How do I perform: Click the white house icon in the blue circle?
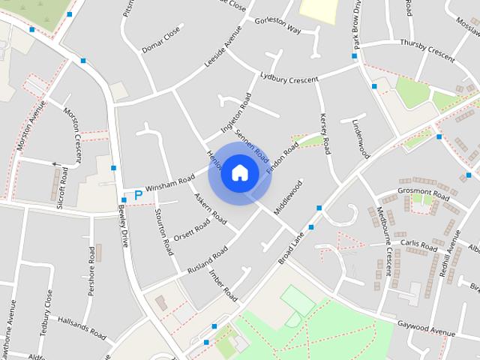click(239, 172)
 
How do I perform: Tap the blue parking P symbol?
click(138, 195)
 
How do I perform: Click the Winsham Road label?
click(169, 182)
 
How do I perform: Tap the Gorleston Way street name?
click(277, 25)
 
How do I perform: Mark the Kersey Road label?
click(325, 133)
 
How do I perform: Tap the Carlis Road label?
click(418, 245)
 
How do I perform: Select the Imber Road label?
click(223, 286)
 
